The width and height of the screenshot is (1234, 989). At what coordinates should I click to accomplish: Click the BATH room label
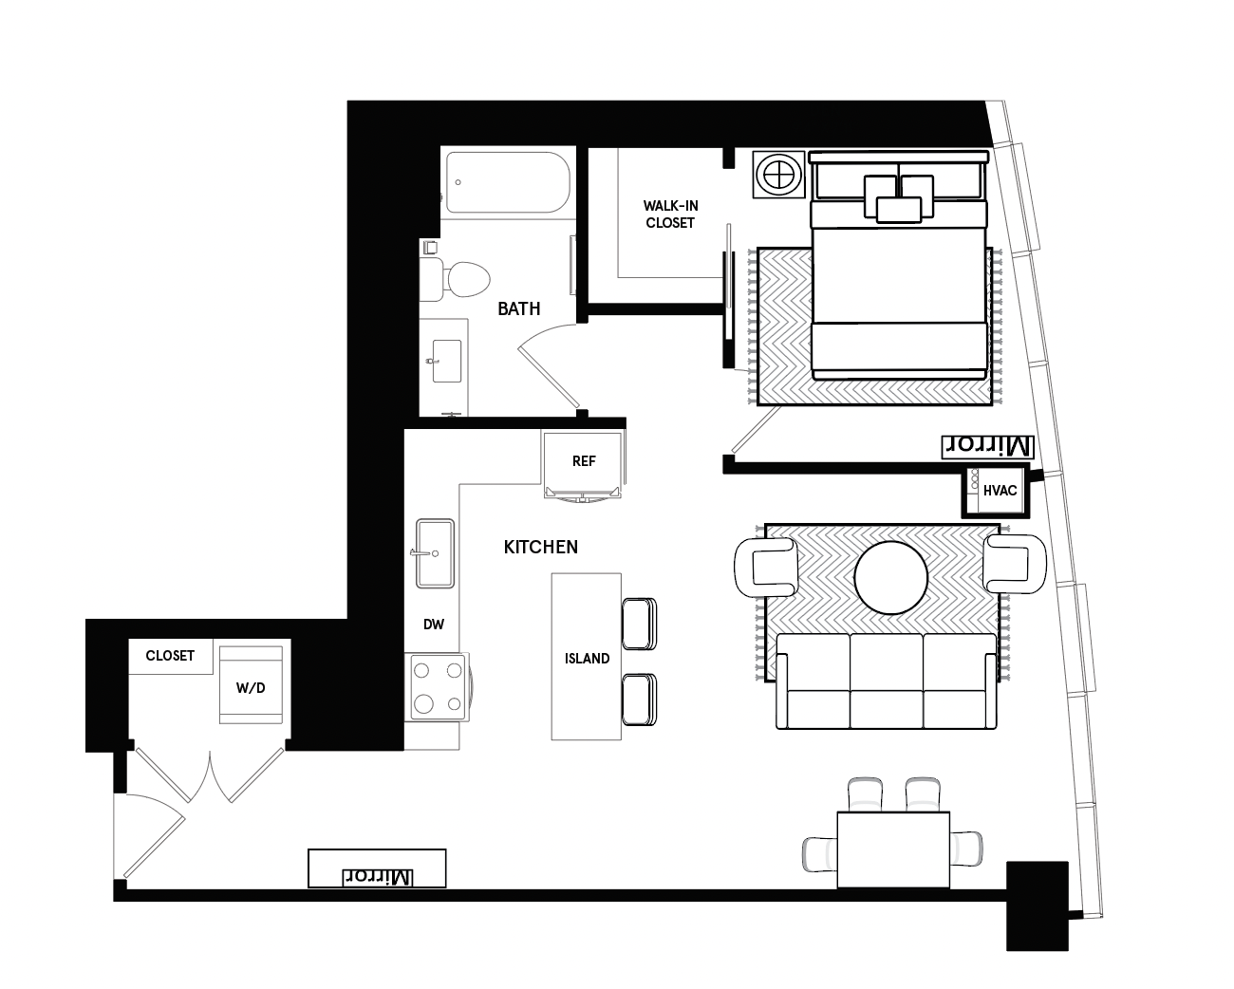click(x=519, y=308)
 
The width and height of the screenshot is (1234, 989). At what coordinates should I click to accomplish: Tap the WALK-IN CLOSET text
click(x=670, y=215)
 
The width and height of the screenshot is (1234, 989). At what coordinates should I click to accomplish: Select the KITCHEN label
click(x=540, y=548)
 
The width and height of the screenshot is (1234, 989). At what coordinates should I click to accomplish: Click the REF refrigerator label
click(x=584, y=461)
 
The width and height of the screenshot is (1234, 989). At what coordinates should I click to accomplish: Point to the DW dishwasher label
click(x=434, y=625)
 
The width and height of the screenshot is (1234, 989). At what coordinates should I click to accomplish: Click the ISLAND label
click(x=587, y=659)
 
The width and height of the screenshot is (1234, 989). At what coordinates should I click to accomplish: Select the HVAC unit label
click(x=1000, y=491)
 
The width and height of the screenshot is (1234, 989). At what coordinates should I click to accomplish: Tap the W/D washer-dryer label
click(x=251, y=688)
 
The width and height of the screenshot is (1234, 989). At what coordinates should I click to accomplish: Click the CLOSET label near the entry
click(x=170, y=656)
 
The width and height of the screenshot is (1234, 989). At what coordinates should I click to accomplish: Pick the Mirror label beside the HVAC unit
click(x=986, y=446)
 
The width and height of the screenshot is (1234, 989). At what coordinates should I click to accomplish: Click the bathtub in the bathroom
click(x=507, y=183)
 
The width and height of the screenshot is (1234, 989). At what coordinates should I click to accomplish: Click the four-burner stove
click(x=437, y=687)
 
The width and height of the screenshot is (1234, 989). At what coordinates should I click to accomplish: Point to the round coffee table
click(x=891, y=577)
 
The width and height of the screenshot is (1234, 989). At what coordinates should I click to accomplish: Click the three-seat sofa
click(x=888, y=681)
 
